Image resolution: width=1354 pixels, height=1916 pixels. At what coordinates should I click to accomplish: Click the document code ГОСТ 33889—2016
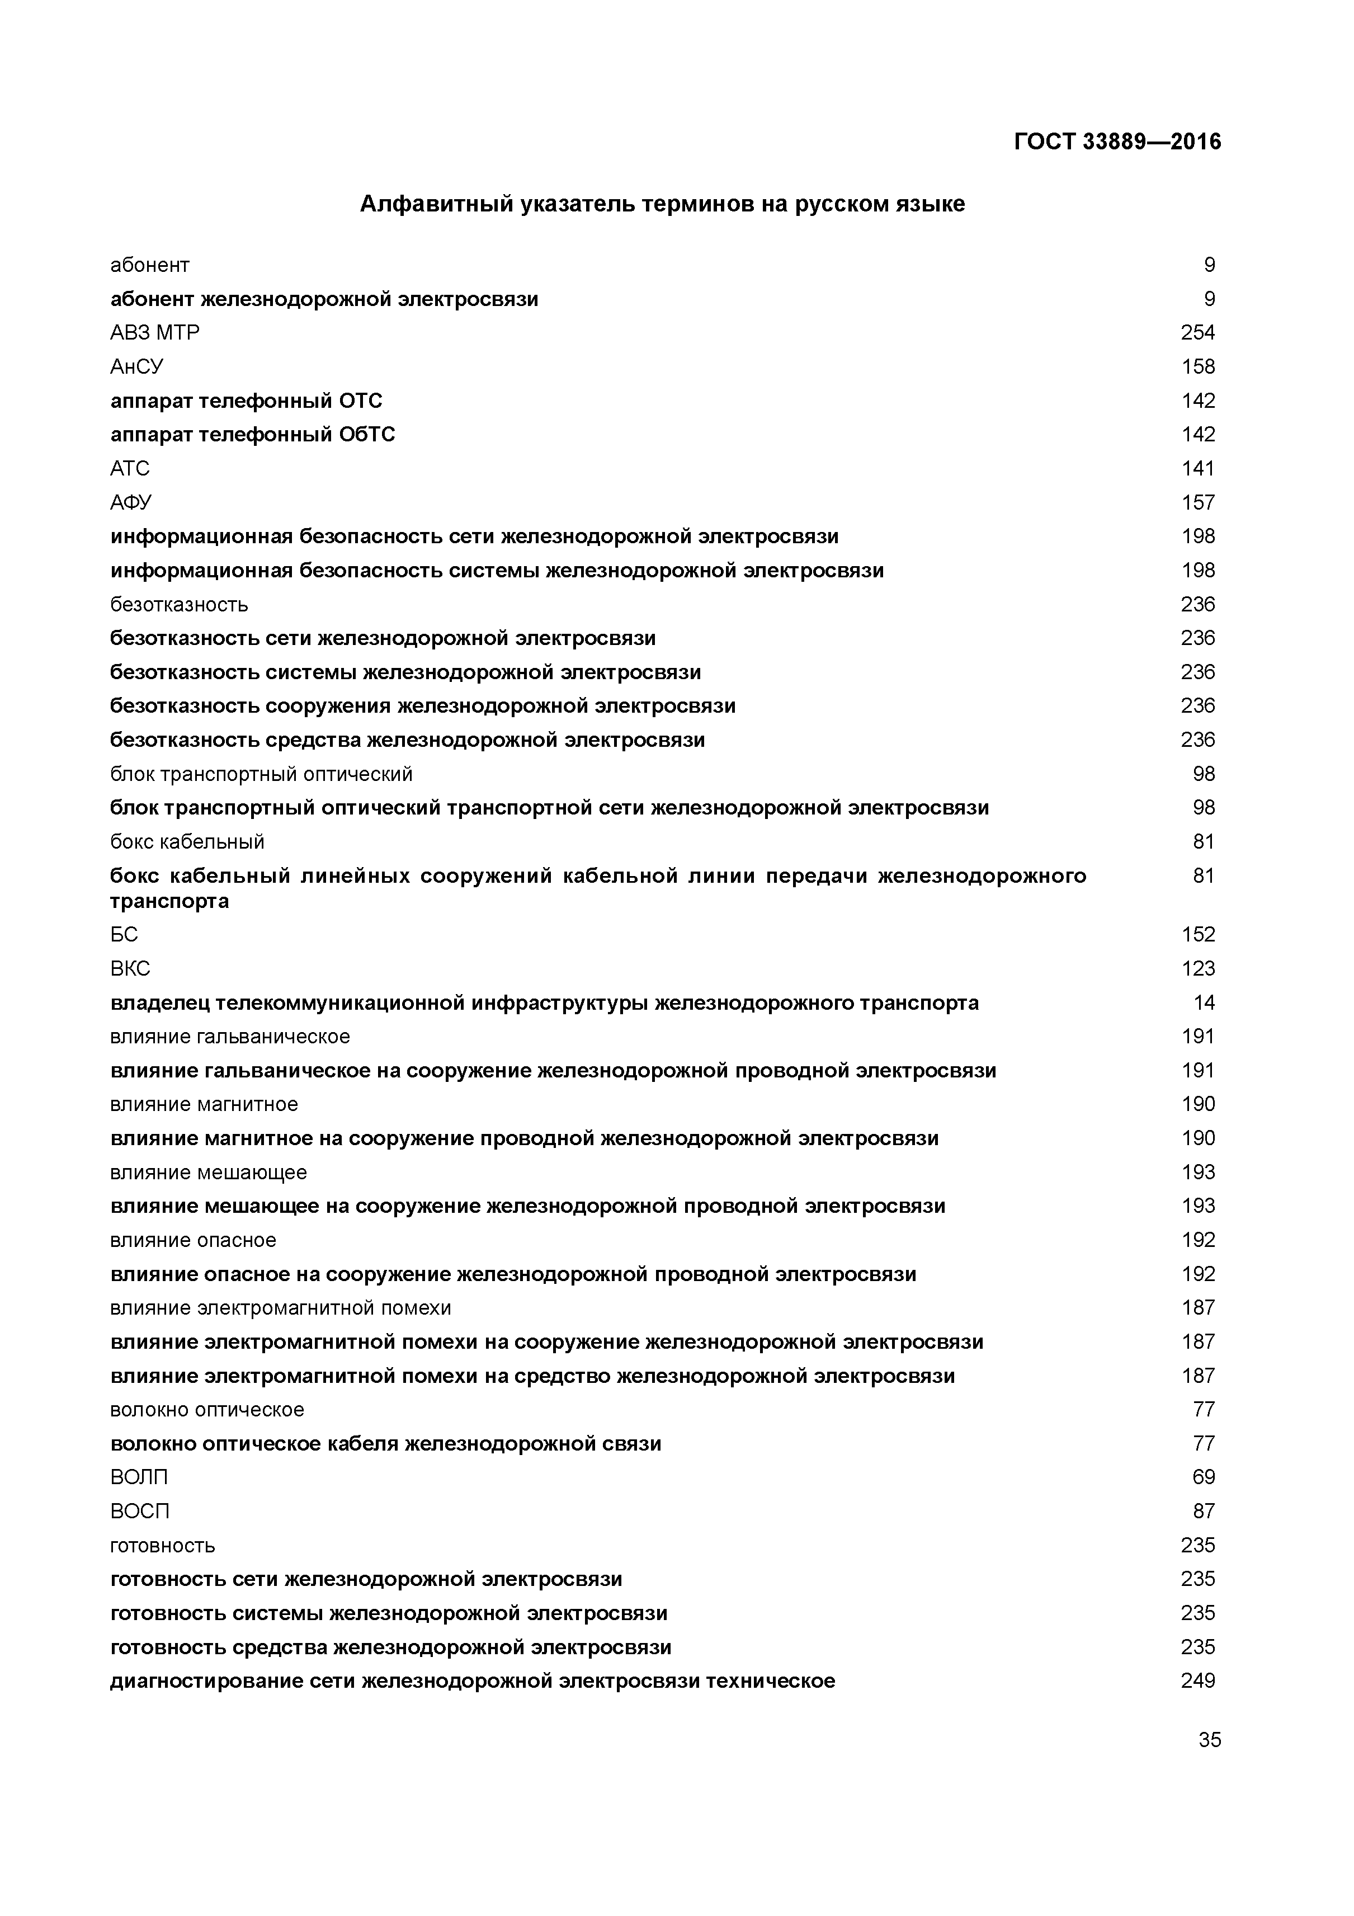tap(1117, 142)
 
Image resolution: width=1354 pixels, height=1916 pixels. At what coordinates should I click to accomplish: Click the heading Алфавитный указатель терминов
tap(662, 204)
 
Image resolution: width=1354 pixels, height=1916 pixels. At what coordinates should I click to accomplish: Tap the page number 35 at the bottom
tap(1209, 1740)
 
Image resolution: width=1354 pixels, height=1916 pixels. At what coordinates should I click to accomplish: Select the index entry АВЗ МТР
tap(154, 333)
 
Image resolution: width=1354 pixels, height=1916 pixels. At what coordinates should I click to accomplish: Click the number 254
tap(1197, 333)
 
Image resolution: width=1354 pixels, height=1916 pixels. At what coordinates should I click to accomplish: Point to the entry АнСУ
tap(137, 367)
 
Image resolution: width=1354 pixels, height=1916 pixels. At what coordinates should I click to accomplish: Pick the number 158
tap(1197, 367)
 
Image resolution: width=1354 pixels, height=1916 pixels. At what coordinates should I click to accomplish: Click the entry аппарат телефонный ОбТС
tap(252, 435)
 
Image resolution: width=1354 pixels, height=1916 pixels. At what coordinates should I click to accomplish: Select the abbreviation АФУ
tap(131, 502)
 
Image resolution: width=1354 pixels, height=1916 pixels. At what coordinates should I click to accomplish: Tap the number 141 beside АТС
tap(1197, 469)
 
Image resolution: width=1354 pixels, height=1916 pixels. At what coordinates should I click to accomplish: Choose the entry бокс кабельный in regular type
tap(187, 842)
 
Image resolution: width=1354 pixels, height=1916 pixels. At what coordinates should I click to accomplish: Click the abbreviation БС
tap(124, 935)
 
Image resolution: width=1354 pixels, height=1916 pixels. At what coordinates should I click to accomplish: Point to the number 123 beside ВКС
tap(1197, 969)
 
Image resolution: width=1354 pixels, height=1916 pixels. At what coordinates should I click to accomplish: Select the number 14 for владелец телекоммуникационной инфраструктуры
tap(1203, 1003)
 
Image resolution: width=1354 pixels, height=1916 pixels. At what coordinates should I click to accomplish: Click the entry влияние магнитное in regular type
tap(204, 1105)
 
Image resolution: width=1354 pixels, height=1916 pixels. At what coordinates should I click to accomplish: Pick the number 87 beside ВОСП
tap(1203, 1512)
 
